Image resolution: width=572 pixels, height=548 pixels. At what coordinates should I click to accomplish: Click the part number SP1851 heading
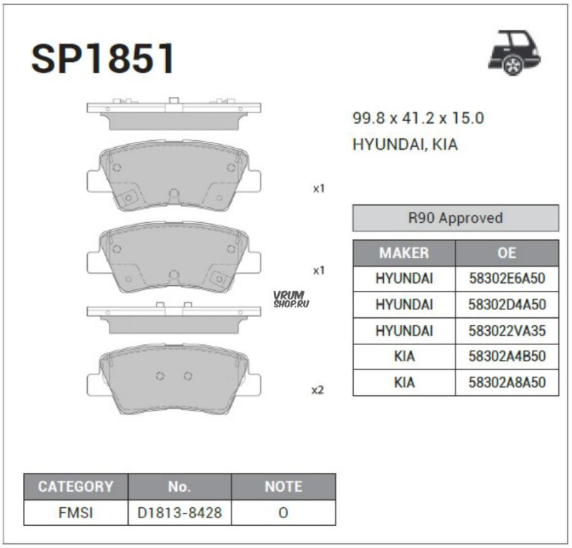(102, 59)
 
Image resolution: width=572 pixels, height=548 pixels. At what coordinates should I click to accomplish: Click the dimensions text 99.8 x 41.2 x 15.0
(418, 118)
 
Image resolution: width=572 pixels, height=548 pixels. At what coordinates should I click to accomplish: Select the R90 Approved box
(455, 218)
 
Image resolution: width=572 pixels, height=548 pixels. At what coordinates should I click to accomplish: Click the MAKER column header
(404, 253)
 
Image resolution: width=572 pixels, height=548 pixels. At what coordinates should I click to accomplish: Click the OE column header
(507, 253)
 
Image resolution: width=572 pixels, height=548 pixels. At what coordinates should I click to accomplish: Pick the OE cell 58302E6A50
(507, 279)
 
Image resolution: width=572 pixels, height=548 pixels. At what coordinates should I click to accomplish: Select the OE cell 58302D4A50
(507, 304)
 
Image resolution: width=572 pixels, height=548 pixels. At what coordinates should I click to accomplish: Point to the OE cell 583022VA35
(507, 331)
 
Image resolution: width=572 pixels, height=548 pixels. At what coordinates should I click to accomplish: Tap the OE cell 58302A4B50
(507, 357)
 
